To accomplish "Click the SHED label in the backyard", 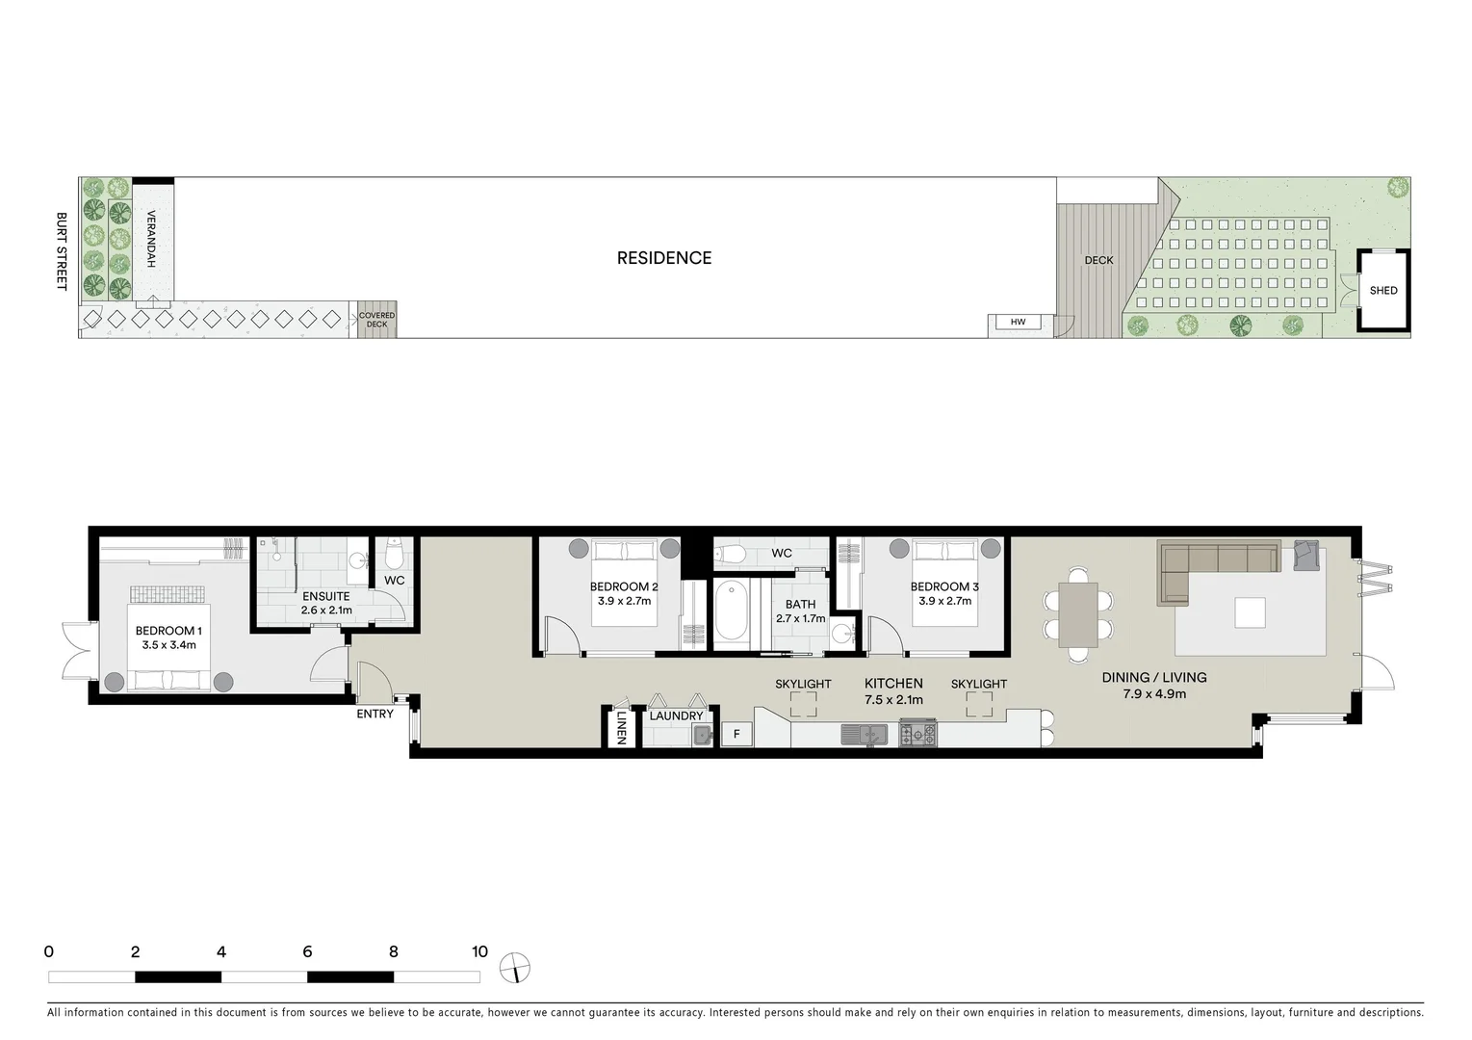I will coord(1382,291).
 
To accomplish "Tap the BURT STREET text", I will coord(61,251).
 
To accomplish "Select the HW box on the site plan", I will coord(1018,323).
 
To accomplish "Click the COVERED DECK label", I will coord(376,320).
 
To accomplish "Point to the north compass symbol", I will coord(516,968).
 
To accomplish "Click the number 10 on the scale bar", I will coord(479,952).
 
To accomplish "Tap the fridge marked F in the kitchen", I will coord(736,734).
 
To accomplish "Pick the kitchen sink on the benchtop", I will coord(864,735).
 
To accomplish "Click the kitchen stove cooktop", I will coord(917,735).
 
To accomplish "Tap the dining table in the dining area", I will coord(1076,616).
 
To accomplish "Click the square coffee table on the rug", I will coord(1250,612).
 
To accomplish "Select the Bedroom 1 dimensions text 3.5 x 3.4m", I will coord(168,645).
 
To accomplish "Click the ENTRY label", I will coord(374,715).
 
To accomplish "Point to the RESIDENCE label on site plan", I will coord(664,258).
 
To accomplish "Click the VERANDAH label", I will coord(151,239).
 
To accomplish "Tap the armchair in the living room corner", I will coord(1306,556).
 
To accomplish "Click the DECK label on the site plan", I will coord(1098,260).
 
